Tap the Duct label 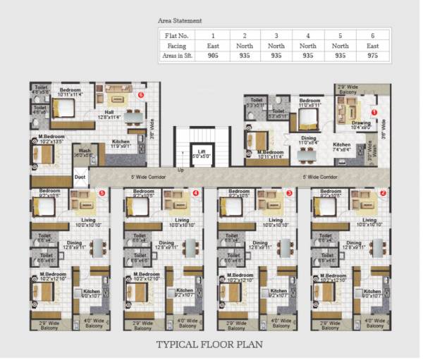coord(80,177)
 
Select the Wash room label coord(84,150)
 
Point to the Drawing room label coord(361,123)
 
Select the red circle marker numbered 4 coord(195,192)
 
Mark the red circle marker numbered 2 coord(383,192)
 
